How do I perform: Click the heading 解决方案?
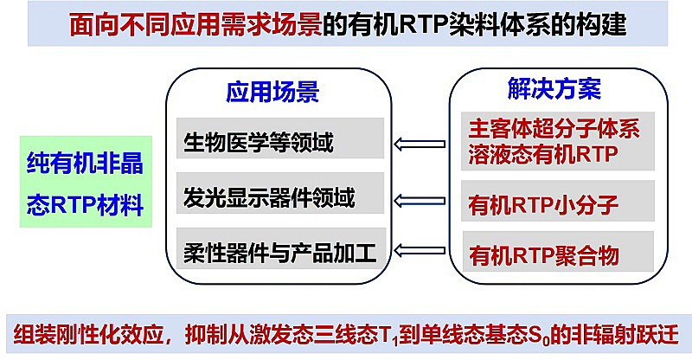[x=554, y=88]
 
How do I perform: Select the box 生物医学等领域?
[x=279, y=142]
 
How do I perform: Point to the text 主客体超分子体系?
[x=554, y=132]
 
